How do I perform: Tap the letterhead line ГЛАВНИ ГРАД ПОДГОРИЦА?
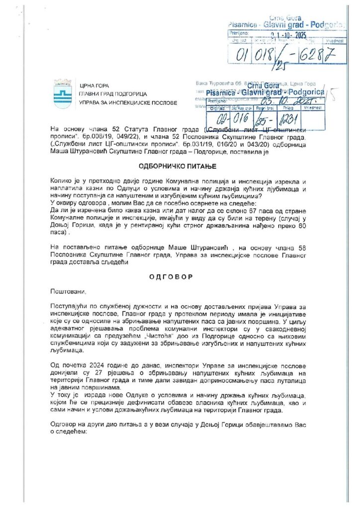coord(117,94)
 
